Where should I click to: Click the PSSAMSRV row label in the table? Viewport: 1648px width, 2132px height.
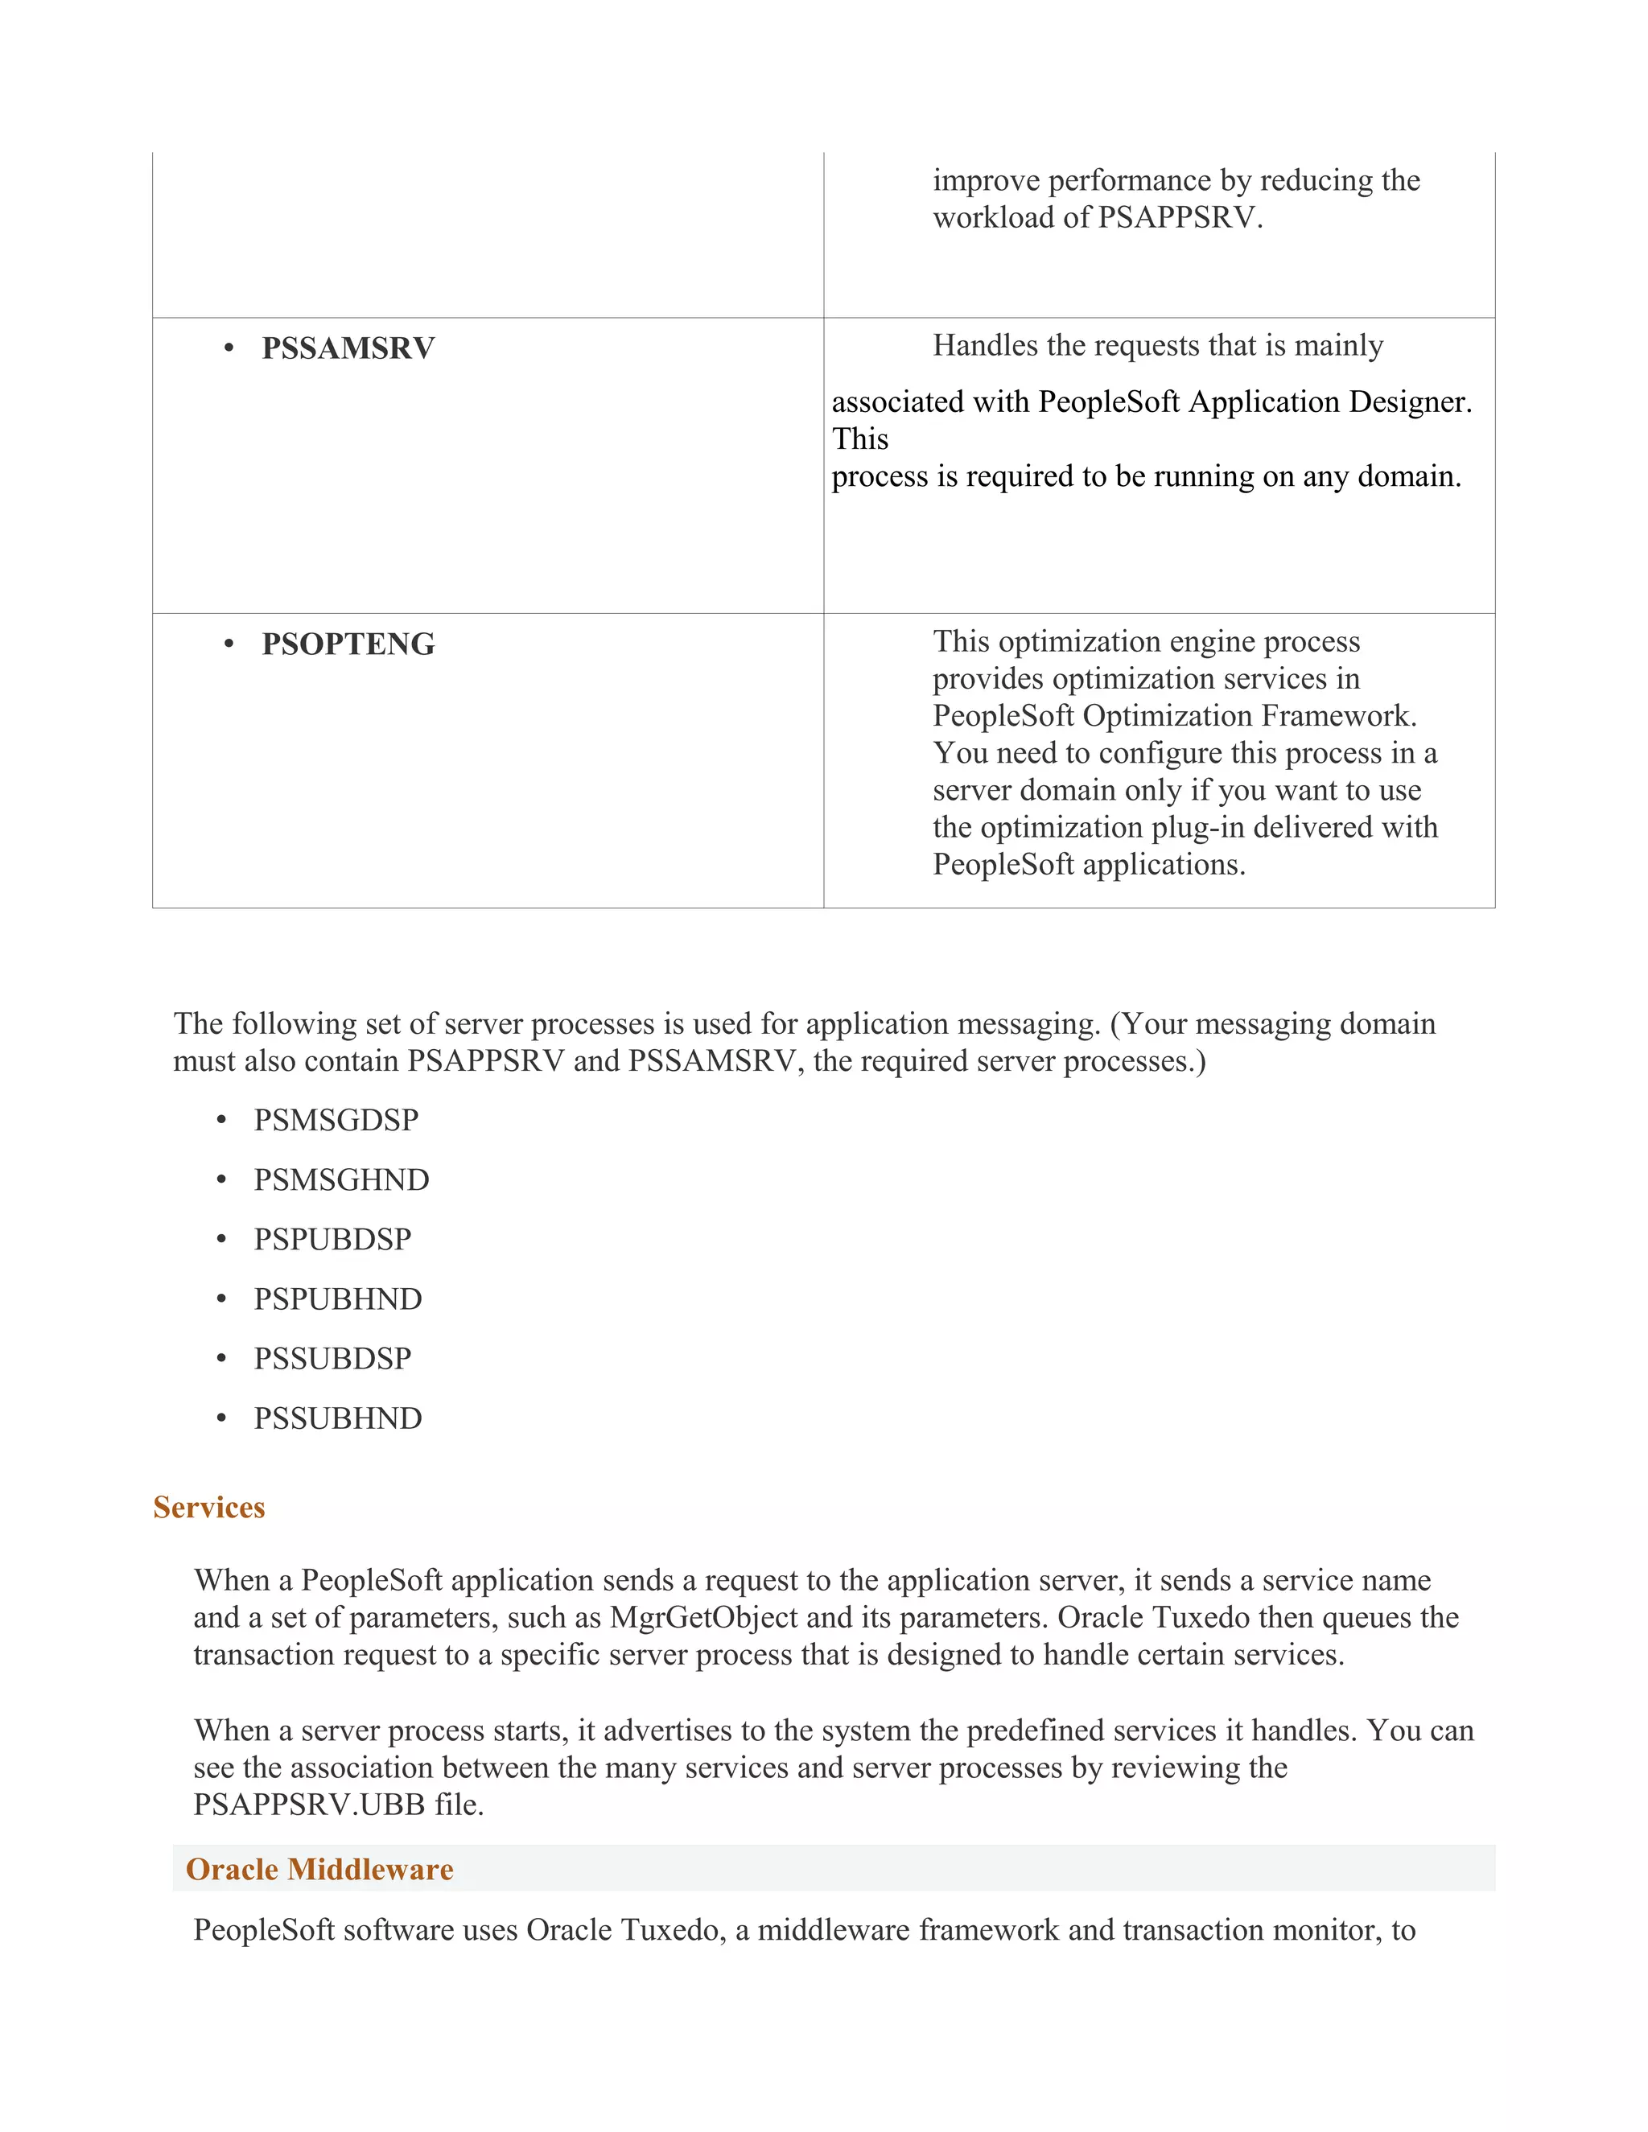pos(348,348)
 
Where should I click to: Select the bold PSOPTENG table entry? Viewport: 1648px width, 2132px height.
pos(348,644)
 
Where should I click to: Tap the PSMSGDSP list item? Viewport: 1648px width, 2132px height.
pos(336,1120)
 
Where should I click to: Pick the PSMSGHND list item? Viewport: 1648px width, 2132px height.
pos(340,1179)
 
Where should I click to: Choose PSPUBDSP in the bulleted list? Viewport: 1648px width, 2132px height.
pos(332,1239)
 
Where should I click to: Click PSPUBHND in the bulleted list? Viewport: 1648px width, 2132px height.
pos(338,1299)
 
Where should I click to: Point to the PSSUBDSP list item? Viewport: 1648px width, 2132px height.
pos(332,1359)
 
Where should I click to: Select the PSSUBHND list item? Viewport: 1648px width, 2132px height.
pos(338,1418)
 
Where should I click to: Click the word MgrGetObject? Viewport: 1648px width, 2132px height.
pos(703,1619)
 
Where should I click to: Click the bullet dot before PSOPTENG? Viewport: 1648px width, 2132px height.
pos(229,644)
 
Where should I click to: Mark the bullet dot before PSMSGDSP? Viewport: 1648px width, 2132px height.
pos(221,1120)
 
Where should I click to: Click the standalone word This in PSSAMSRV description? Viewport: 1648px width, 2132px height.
pos(859,439)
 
